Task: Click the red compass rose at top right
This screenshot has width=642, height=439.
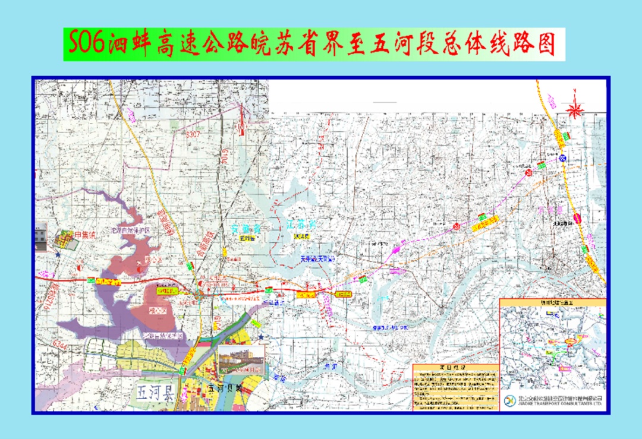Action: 575,109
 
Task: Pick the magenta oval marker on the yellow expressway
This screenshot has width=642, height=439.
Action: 577,218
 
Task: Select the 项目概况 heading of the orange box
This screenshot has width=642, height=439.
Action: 455,368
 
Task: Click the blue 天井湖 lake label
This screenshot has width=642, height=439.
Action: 317,260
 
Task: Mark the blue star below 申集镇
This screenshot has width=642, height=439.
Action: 58,255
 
